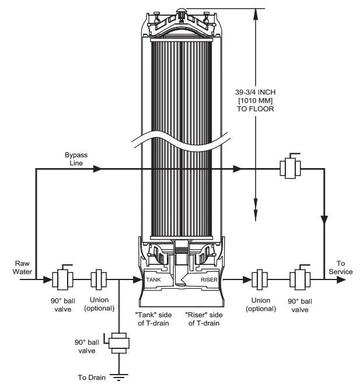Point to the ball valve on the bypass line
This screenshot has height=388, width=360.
coord(290,168)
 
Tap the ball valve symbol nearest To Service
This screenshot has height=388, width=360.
coord(302,279)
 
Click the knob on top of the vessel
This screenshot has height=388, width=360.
coord(181,11)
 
